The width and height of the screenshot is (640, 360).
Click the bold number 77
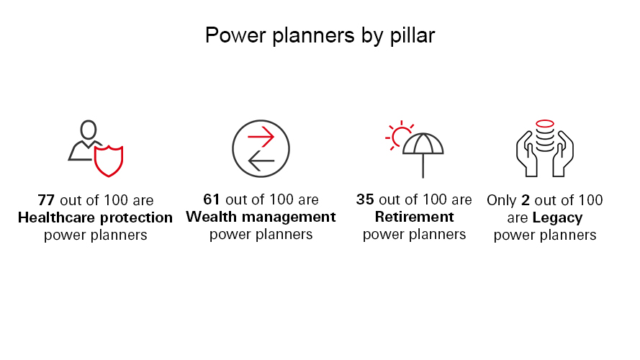point(46,200)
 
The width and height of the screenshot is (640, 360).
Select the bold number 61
point(212,199)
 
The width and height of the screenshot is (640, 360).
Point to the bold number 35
point(365,199)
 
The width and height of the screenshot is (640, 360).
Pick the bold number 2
point(526,200)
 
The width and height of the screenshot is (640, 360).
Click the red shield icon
point(109,161)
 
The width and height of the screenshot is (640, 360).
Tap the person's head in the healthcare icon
point(88,130)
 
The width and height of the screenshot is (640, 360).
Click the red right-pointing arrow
point(261,137)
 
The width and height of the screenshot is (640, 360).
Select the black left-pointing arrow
point(261,161)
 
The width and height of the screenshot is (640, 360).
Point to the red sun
point(398,136)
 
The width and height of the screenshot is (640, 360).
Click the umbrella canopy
point(423,144)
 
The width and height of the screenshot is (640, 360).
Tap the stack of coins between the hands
point(545,135)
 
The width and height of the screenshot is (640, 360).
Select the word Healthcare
point(56,217)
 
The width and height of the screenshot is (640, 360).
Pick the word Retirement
point(414,217)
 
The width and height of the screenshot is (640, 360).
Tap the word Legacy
point(557,218)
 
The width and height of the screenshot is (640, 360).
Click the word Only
point(502,200)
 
